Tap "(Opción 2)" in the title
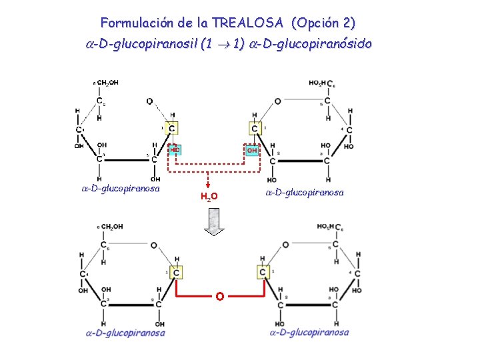(323, 23)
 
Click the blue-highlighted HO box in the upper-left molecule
(175, 151)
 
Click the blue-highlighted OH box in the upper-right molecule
(253, 151)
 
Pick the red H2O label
(209, 196)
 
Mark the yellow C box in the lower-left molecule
(176, 272)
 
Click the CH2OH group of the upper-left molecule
(108, 83)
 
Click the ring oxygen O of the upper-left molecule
(149, 102)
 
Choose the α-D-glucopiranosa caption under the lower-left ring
(125, 333)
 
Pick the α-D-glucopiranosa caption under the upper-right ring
(305, 193)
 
